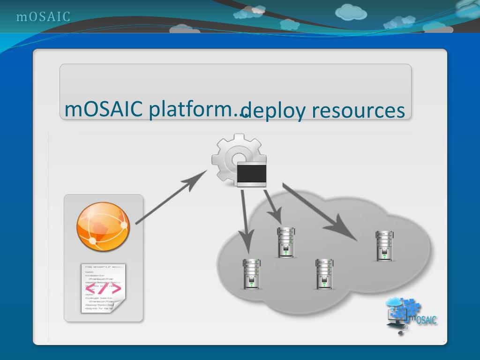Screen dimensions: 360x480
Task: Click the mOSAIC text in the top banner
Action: (x=43, y=17)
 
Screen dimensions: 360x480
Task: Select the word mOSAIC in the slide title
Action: (x=104, y=109)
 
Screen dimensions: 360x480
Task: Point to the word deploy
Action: (x=274, y=112)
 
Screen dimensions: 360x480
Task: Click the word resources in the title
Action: (x=358, y=111)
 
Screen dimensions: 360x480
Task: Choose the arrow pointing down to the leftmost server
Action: (x=246, y=220)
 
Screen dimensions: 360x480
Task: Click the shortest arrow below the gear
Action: (x=273, y=206)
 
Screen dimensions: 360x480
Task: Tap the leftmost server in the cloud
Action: (x=252, y=274)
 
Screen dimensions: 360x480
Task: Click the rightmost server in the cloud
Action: (x=384, y=246)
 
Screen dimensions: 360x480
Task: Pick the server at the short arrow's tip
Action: (x=285, y=242)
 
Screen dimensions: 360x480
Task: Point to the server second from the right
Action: (x=324, y=274)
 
